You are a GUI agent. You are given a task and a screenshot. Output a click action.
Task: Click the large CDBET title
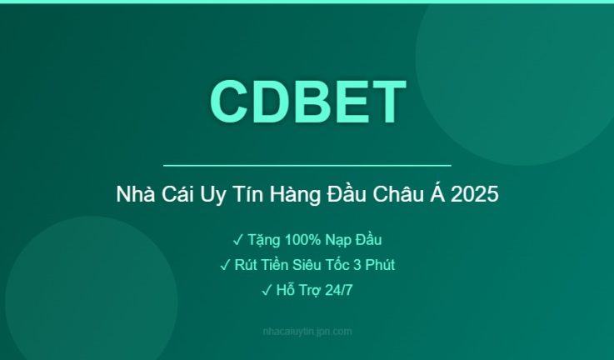coord(307,102)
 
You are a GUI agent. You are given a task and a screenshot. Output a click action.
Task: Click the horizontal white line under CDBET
coord(307,166)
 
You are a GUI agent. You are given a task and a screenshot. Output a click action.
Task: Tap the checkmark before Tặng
coord(237,241)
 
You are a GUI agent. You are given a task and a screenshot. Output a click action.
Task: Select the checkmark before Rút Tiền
coord(225,266)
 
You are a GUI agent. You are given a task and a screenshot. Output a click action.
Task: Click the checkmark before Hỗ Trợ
coord(267,291)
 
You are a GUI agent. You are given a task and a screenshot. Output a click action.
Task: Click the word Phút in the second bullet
coord(377,266)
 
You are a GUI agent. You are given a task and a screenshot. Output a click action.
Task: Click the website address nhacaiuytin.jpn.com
coord(307,331)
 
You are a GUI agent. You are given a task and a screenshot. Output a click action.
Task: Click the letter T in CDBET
coord(388,102)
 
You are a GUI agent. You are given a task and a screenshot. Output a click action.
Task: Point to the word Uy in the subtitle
coord(201,196)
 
